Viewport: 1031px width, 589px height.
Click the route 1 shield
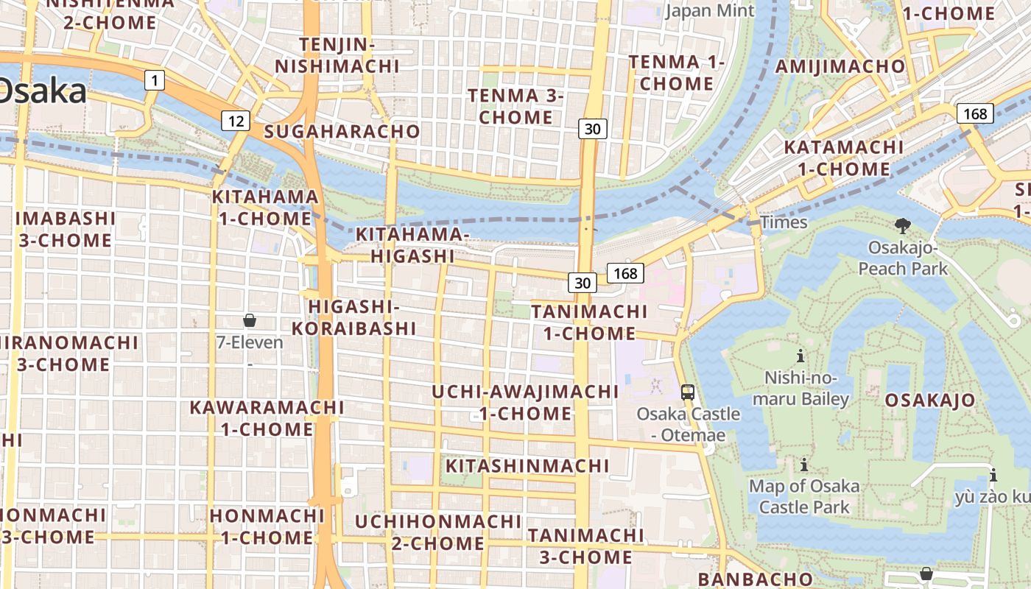click(154, 80)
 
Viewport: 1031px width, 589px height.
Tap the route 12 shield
click(236, 121)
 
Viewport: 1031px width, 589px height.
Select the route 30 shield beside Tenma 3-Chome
click(592, 129)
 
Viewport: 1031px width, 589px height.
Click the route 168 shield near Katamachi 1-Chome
click(975, 113)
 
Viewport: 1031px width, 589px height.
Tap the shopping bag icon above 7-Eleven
click(250, 320)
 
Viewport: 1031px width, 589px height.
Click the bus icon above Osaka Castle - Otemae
click(687, 392)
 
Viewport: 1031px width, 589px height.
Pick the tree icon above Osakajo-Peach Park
click(902, 225)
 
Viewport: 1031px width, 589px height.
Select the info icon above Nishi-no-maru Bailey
click(800, 356)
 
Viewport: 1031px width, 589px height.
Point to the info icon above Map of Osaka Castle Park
click(804, 465)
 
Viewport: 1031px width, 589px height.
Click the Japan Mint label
click(710, 10)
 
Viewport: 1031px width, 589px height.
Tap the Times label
click(784, 222)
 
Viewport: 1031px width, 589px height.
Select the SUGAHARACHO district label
click(342, 132)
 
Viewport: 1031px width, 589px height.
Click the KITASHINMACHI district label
click(527, 465)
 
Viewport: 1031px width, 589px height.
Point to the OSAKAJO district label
click(930, 400)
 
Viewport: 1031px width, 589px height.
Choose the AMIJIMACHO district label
click(840, 66)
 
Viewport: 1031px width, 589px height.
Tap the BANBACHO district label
click(755, 579)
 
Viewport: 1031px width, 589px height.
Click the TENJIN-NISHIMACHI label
click(337, 55)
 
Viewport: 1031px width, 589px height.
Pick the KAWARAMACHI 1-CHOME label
click(267, 417)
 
